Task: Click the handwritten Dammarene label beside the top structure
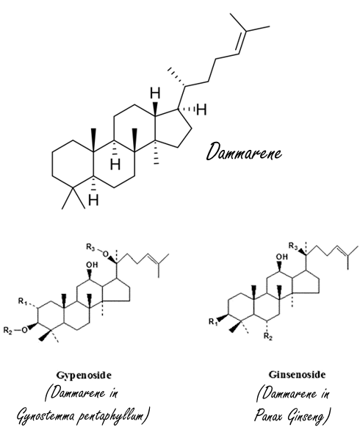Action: coord(244,151)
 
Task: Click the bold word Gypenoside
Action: coord(84,376)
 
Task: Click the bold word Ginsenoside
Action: coord(297,375)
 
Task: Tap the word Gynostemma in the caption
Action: coord(46,415)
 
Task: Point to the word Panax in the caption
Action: coord(268,415)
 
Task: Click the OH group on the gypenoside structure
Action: coord(92,265)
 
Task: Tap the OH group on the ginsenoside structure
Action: coord(281,257)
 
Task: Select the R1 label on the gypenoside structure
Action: coord(23,301)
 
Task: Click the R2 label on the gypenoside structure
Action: coord(8,330)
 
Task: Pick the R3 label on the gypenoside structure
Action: coord(90,247)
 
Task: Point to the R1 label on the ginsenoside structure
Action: coord(213,321)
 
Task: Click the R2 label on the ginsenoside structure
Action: coord(268,336)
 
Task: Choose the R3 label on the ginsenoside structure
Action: coord(293,246)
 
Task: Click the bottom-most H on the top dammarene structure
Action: coord(93,200)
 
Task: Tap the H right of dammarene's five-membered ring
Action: coord(201,110)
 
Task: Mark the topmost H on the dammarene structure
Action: coord(155,93)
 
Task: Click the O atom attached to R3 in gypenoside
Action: coord(105,254)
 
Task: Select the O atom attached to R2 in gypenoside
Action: coord(25,329)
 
